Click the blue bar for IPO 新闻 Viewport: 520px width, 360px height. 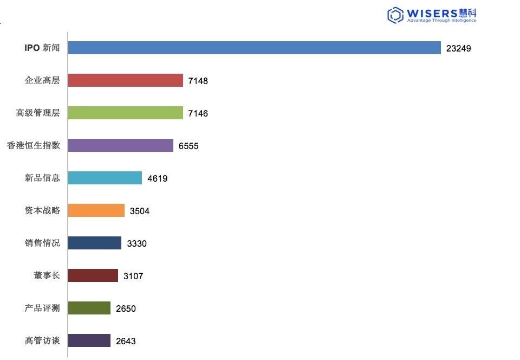click(254, 48)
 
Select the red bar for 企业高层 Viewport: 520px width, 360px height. click(126, 80)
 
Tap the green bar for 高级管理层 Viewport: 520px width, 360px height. click(126, 113)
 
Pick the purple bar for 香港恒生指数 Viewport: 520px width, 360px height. click(121, 145)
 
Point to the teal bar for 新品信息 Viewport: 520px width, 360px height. click(105, 178)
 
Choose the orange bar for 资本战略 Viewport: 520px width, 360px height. click(96, 210)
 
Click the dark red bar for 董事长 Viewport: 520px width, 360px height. click(93, 275)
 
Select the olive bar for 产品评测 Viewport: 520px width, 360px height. click(89, 308)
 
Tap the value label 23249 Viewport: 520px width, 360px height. click(458, 48)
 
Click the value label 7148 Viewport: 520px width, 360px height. click(198, 81)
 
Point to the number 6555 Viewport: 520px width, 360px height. click(188, 146)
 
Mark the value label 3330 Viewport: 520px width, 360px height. click(136, 243)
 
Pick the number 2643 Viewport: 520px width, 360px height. click(126, 341)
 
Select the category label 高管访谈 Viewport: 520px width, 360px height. click(42, 340)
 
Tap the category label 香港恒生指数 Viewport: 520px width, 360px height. click(33, 145)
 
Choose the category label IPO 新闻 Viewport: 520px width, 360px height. click(42, 48)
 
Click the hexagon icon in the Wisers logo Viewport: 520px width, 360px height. click(395, 15)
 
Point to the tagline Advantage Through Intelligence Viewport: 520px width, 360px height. click(441, 21)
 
